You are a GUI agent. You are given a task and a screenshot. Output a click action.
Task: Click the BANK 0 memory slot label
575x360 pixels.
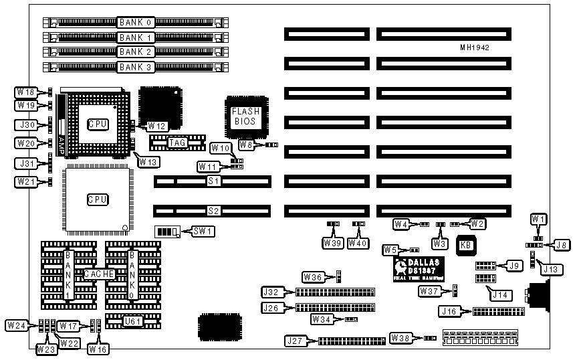(136, 22)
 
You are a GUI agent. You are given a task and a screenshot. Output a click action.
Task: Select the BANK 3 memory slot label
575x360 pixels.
(136, 66)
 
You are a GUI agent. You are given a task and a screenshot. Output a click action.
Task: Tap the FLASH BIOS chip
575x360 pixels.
(245, 117)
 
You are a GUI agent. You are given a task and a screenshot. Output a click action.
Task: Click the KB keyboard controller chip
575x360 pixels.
(467, 246)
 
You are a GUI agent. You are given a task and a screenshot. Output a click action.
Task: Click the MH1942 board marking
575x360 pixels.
(475, 48)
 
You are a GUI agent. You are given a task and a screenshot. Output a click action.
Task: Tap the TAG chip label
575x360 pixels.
(177, 142)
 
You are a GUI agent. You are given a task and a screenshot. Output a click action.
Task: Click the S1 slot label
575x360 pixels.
(213, 181)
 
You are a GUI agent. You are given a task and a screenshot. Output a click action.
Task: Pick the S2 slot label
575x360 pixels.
(213, 210)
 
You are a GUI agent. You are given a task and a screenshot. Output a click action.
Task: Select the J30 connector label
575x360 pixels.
(25, 124)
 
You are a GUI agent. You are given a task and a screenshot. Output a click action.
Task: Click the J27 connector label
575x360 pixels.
(295, 341)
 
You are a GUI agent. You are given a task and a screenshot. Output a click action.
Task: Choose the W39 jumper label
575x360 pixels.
(332, 242)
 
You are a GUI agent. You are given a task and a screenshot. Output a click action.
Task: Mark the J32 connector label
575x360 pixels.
(271, 292)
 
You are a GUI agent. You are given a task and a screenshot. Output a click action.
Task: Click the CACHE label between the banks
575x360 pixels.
(98, 274)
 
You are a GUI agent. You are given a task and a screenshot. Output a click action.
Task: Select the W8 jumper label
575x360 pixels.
(246, 144)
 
